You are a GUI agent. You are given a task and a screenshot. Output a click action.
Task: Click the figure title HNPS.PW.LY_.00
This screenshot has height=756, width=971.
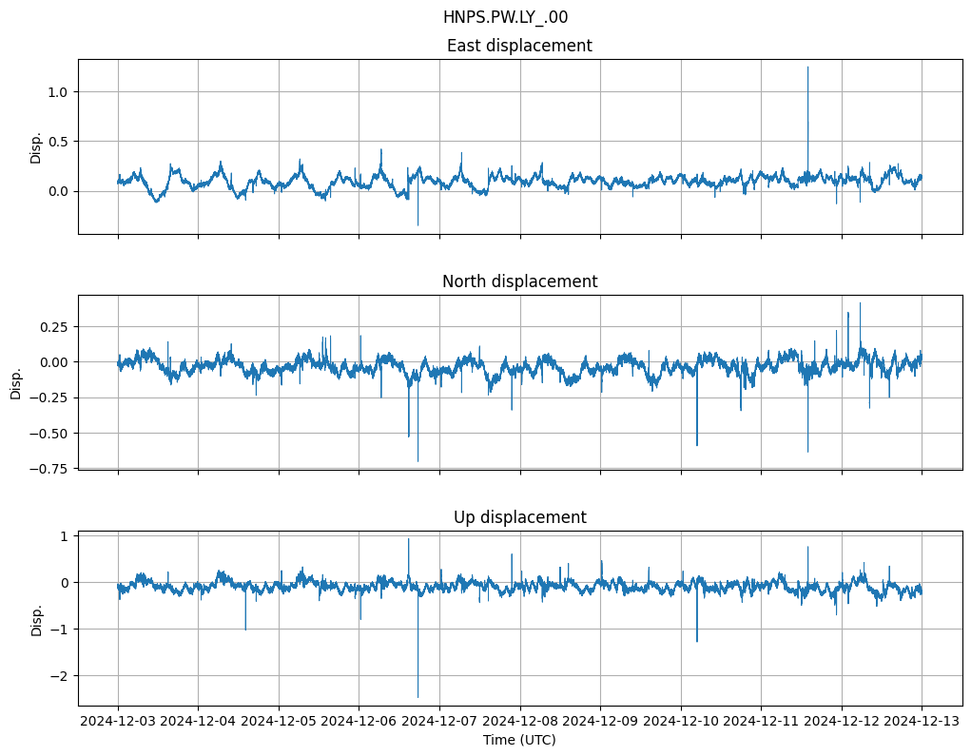(x=505, y=17)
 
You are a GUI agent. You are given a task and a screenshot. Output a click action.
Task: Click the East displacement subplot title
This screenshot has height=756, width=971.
(x=519, y=46)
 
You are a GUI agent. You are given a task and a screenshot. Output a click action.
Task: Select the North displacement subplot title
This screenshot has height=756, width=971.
(x=519, y=281)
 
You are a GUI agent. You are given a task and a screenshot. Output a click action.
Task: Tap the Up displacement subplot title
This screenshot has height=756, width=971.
(x=519, y=517)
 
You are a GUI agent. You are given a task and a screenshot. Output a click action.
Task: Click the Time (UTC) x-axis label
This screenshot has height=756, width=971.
(x=519, y=739)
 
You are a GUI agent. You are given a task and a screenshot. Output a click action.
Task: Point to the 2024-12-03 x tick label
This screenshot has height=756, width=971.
(x=118, y=722)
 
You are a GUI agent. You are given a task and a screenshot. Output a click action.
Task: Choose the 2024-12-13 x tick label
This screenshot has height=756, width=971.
(x=922, y=722)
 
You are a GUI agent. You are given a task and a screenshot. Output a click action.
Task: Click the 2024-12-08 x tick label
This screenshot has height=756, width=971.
(x=520, y=722)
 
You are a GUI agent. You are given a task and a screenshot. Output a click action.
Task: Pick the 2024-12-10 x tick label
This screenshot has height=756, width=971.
(x=681, y=722)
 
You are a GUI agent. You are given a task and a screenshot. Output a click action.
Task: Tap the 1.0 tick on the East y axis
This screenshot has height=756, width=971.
(x=59, y=91)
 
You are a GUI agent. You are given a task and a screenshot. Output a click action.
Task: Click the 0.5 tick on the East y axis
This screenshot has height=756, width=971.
(x=59, y=142)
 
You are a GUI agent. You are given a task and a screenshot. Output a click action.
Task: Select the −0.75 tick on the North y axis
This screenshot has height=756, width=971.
(x=50, y=468)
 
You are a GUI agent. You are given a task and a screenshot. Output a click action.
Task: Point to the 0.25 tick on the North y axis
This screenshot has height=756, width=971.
(x=53, y=326)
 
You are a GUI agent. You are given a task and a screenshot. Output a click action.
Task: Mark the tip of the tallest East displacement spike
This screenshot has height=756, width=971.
(x=807, y=67)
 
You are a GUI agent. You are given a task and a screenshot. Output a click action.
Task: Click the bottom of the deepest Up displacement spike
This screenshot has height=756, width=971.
(x=418, y=697)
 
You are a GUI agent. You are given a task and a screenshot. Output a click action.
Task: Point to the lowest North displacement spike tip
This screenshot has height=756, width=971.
(x=418, y=461)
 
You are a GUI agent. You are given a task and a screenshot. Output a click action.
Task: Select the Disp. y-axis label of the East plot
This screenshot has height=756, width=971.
(x=36, y=147)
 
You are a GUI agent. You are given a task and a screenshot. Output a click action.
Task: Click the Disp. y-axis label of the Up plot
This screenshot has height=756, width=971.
(x=36, y=619)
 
